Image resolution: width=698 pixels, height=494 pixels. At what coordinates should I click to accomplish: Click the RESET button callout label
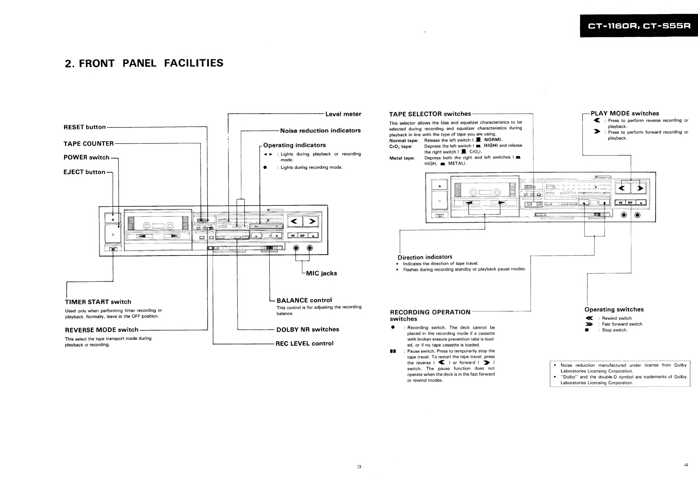(x=84, y=127)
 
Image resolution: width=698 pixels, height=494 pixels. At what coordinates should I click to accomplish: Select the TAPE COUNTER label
(x=89, y=143)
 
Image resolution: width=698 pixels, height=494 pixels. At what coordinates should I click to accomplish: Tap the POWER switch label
(x=86, y=157)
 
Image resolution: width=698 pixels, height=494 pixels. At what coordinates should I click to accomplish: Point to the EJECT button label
(x=84, y=172)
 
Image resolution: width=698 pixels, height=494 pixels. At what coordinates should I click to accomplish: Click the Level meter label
(x=343, y=114)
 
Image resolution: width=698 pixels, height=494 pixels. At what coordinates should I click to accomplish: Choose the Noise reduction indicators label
(x=320, y=131)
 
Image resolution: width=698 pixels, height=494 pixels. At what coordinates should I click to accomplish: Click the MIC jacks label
(x=321, y=273)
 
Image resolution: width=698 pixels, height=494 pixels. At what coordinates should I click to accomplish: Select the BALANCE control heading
(x=304, y=300)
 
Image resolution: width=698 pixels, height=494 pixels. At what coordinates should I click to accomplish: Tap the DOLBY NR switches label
(x=308, y=329)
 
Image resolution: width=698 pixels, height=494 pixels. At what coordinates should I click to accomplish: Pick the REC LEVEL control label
(x=304, y=344)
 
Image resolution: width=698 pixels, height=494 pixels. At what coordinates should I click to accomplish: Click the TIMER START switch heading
(x=98, y=302)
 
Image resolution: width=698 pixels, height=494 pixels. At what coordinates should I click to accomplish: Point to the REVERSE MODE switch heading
(x=101, y=330)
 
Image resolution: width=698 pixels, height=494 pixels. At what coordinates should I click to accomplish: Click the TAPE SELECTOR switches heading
(x=430, y=114)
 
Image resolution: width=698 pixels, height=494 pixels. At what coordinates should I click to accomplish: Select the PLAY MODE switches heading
(x=625, y=114)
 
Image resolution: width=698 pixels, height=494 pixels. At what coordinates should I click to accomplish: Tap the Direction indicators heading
(x=425, y=257)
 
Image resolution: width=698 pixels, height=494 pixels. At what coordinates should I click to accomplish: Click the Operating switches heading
(x=614, y=309)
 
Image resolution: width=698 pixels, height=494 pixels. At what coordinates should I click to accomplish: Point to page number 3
(x=359, y=467)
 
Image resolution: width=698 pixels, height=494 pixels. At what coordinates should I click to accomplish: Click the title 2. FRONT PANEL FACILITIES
(x=144, y=63)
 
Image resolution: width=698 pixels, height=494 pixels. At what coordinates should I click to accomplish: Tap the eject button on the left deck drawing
(x=113, y=219)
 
